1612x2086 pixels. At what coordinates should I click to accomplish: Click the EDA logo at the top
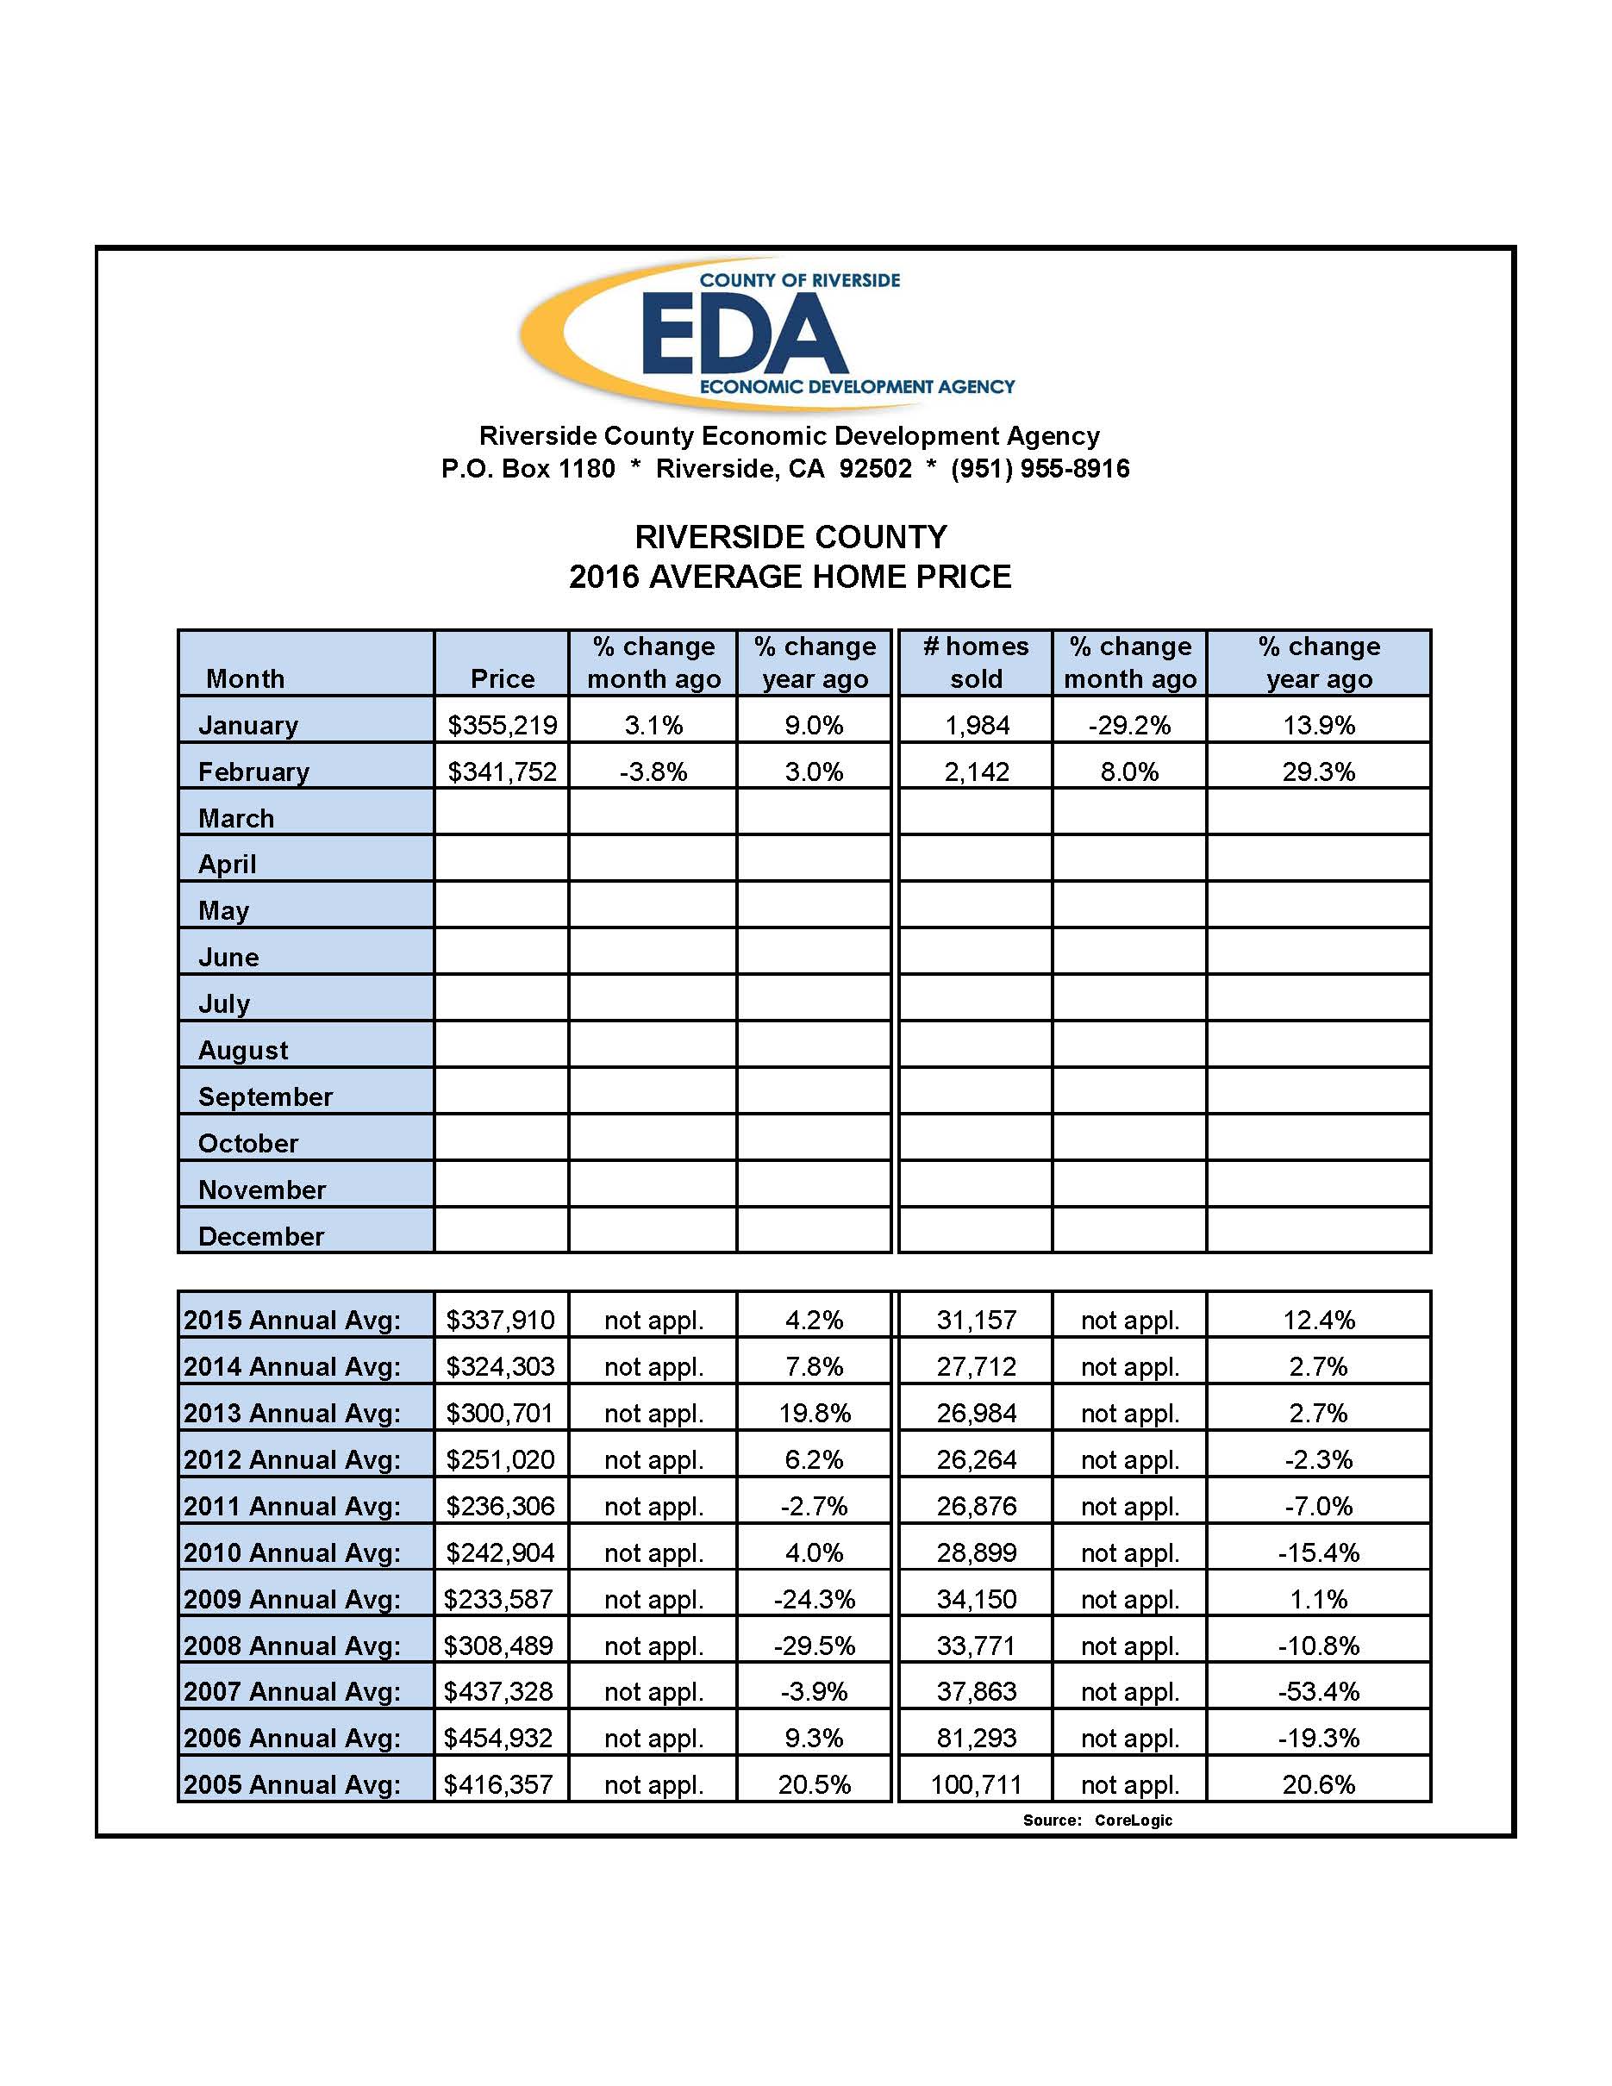click(x=767, y=334)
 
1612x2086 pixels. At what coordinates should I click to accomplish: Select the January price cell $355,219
click(x=503, y=725)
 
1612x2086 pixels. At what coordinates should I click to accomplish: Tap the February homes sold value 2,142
click(x=976, y=771)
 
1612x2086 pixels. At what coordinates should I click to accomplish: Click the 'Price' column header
click(x=503, y=678)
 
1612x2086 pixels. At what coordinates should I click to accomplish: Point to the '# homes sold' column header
click(x=976, y=663)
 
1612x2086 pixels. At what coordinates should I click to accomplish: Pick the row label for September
click(x=266, y=1096)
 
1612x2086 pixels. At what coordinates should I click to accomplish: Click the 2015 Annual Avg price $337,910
click(x=500, y=1320)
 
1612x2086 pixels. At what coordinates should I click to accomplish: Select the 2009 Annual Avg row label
click(x=292, y=1599)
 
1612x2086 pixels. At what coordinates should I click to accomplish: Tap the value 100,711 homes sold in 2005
click(x=976, y=1784)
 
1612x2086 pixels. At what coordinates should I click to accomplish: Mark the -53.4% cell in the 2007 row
click(x=1319, y=1691)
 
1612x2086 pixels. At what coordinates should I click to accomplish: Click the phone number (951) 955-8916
click(x=1040, y=469)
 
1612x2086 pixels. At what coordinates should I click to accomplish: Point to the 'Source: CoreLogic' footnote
click(x=1097, y=1821)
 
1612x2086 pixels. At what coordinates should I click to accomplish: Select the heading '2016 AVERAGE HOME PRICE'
click(x=790, y=577)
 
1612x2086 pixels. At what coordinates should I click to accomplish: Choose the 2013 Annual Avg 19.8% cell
click(x=815, y=1413)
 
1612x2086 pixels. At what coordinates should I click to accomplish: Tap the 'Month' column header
click(x=246, y=678)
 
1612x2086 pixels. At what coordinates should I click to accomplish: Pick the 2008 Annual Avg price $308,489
click(x=498, y=1646)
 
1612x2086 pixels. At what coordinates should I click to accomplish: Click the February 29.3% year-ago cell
click(x=1319, y=771)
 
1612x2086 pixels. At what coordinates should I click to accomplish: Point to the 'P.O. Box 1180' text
click(x=528, y=469)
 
